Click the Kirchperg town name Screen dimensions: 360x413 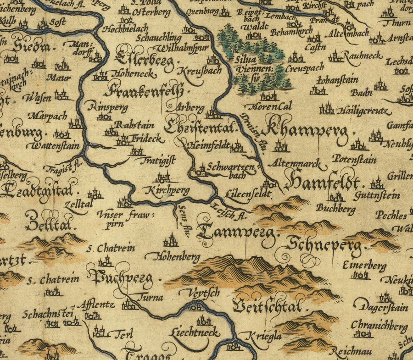[x=167, y=190]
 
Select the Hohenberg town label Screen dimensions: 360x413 [x=179, y=256]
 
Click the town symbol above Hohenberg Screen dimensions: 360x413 [x=171, y=240]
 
